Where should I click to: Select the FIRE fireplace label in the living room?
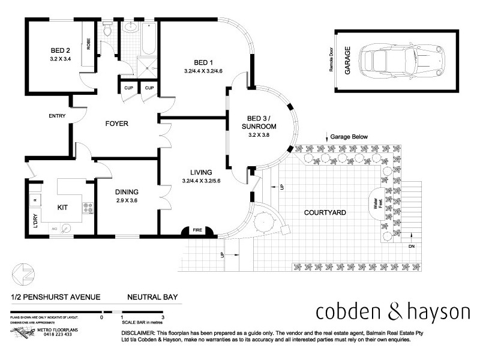point(197,229)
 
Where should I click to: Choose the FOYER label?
point(117,124)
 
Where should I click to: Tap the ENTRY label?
point(58,116)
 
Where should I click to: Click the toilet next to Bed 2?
point(107,29)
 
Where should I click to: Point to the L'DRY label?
point(36,222)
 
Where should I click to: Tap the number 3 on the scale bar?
point(163,317)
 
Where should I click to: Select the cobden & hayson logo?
point(392,312)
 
